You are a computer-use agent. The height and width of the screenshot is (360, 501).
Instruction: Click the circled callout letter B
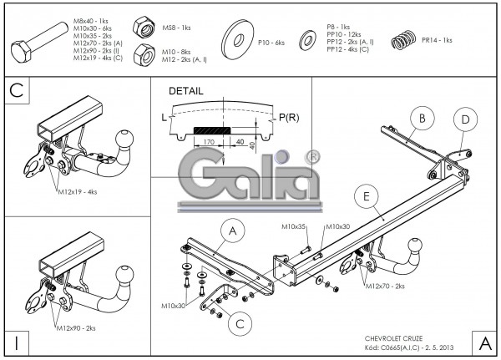[x=423, y=119]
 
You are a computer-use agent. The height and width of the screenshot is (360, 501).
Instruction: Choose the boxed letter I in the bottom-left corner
[x=17, y=342]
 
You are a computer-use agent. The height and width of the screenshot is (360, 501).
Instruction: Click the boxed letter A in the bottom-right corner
[x=484, y=342]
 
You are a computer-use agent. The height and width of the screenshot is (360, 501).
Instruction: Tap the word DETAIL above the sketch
[x=185, y=89]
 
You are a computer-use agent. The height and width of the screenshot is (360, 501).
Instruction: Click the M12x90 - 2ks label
[x=77, y=327]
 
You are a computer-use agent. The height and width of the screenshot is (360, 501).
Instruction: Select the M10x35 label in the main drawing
[x=293, y=226]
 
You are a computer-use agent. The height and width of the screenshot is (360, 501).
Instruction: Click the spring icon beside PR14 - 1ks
[x=404, y=39]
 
